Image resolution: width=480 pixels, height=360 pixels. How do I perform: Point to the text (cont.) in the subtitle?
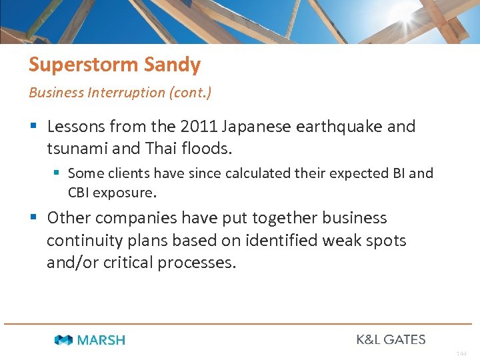(x=190, y=93)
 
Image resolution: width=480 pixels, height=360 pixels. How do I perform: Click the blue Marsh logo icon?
(x=64, y=340)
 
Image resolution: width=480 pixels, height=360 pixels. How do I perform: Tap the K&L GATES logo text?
(x=391, y=339)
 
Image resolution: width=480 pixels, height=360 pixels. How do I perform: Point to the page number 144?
(x=462, y=353)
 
